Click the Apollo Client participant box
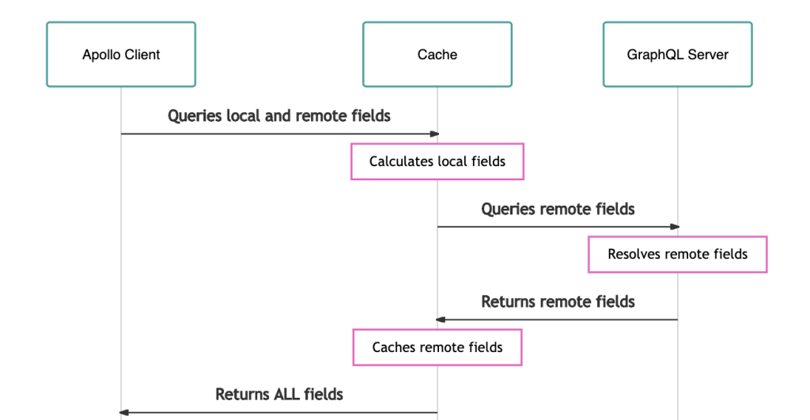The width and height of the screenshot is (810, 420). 121,55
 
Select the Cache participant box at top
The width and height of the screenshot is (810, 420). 437,55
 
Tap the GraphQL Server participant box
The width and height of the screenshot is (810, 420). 677,55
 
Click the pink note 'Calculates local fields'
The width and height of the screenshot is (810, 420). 437,161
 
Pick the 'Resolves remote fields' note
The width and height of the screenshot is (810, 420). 677,254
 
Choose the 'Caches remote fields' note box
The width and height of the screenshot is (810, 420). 437,347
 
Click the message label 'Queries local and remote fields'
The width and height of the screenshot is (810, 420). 279,116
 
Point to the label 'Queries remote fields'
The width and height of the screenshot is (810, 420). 558,209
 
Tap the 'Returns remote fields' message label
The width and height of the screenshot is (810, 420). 558,301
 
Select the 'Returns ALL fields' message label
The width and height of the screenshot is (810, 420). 279,394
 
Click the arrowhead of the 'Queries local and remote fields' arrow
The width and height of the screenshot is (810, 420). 434,134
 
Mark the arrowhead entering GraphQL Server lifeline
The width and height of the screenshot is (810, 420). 675,227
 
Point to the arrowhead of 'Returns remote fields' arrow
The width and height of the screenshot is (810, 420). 441,320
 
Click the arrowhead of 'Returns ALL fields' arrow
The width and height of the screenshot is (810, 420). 124,412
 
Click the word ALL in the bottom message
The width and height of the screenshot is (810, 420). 287,394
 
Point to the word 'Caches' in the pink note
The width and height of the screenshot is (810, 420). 392,347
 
